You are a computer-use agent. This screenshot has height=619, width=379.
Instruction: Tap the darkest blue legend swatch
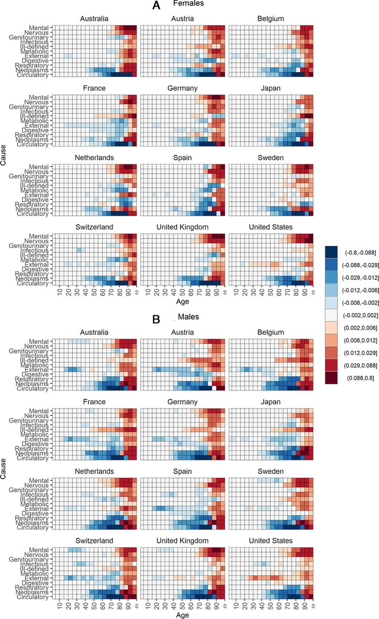[331, 251]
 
